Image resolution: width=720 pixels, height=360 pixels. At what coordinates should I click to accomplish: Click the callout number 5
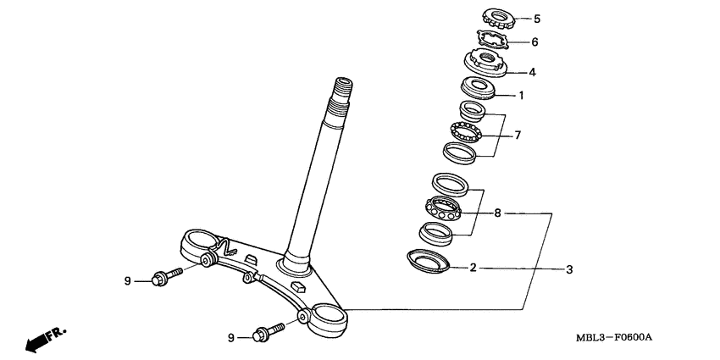(x=536, y=18)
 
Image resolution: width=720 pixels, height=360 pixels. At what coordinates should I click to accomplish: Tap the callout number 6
(x=534, y=42)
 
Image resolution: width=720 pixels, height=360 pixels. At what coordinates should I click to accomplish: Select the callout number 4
(x=532, y=72)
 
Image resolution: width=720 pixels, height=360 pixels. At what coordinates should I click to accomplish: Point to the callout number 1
(x=521, y=96)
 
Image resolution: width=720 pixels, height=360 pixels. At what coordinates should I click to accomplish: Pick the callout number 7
(x=518, y=135)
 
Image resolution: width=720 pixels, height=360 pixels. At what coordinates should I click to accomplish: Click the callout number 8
(x=498, y=213)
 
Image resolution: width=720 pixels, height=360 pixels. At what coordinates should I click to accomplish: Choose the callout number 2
(x=474, y=269)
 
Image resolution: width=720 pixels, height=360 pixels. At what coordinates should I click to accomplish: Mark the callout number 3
(x=570, y=269)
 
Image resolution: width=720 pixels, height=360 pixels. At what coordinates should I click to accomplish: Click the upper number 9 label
(x=129, y=280)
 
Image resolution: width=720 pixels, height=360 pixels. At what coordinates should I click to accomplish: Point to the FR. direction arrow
(x=44, y=339)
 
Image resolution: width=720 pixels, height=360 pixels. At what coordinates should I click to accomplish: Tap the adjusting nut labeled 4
(x=485, y=63)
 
